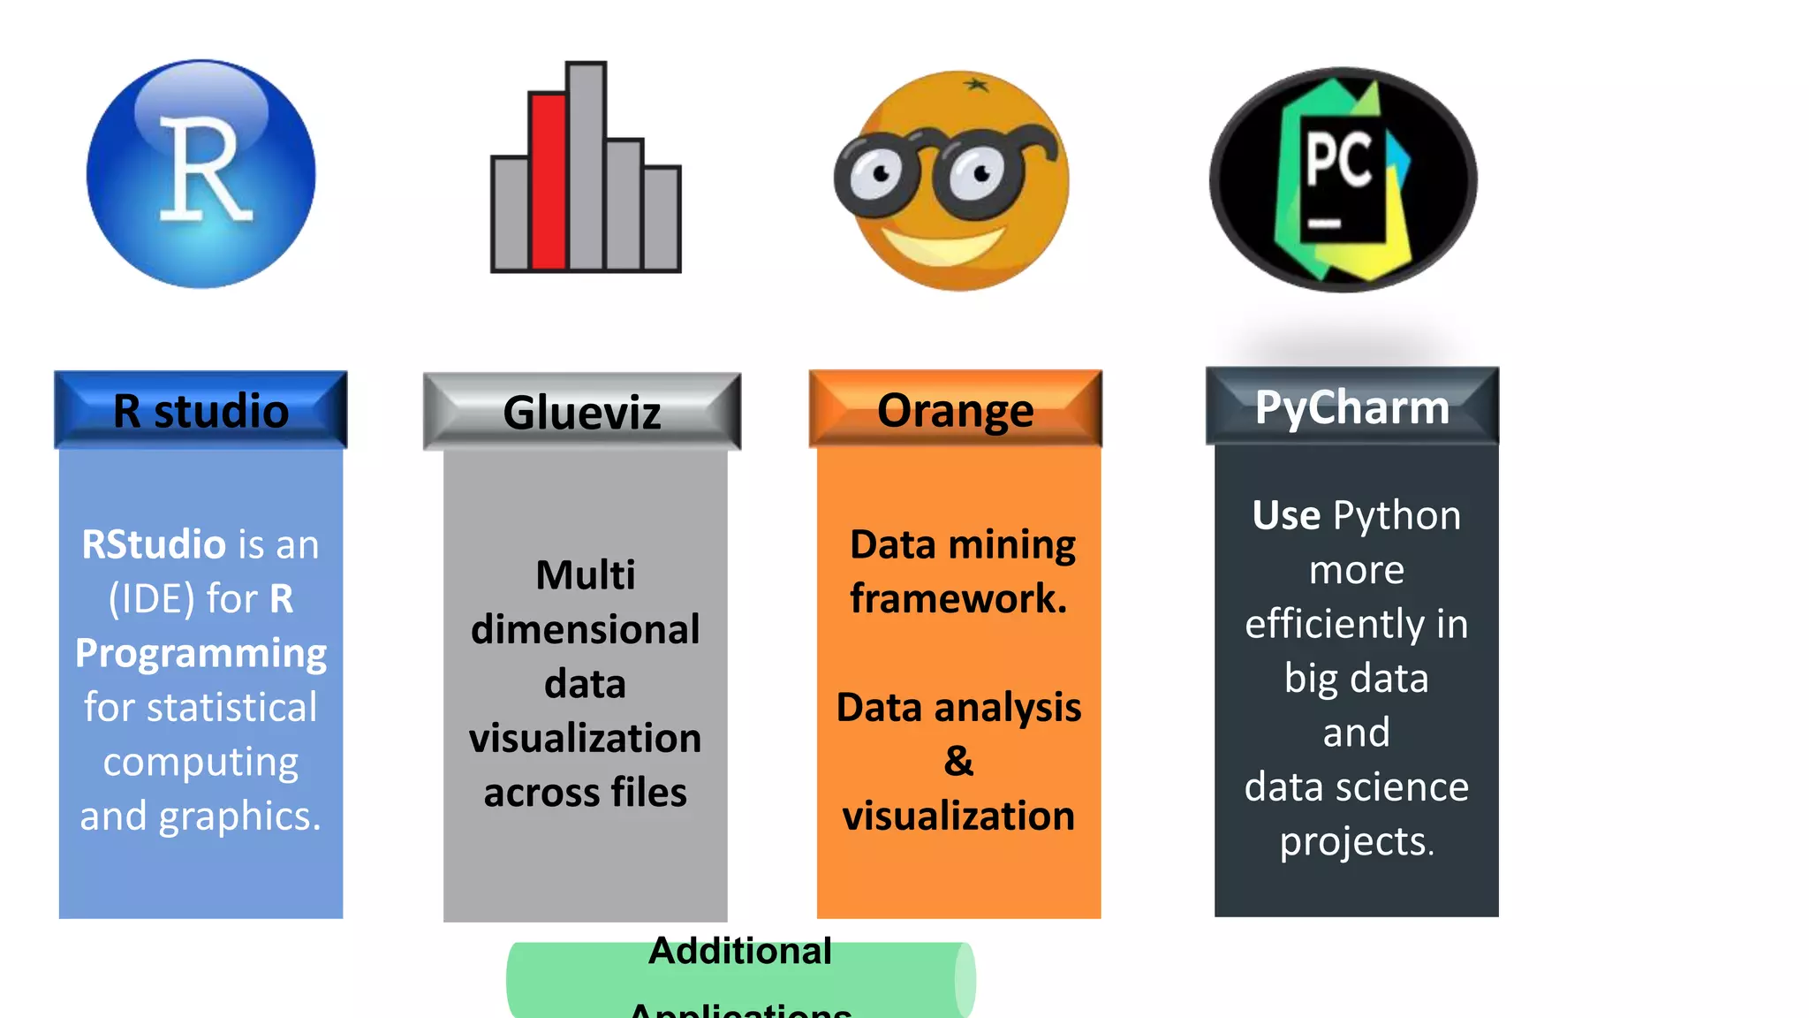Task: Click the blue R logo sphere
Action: (x=201, y=173)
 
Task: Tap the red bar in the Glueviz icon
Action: (x=548, y=181)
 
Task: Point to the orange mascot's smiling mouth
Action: (x=942, y=245)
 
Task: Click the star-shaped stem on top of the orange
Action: (x=976, y=85)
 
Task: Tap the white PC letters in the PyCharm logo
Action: (x=1338, y=159)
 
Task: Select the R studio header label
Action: (x=201, y=411)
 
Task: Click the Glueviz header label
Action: (x=582, y=413)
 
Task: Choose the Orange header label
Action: (x=955, y=410)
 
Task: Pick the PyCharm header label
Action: (x=1352, y=407)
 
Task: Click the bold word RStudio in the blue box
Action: (x=153, y=544)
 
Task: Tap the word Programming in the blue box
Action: (x=201, y=654)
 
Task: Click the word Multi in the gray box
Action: (x=585, y=575)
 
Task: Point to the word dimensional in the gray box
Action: (x=585, y=630)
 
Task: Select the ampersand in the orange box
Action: (x=958, y=761)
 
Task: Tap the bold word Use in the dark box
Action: (x=1286, y=515)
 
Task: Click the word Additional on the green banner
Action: (x=740, y=952)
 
